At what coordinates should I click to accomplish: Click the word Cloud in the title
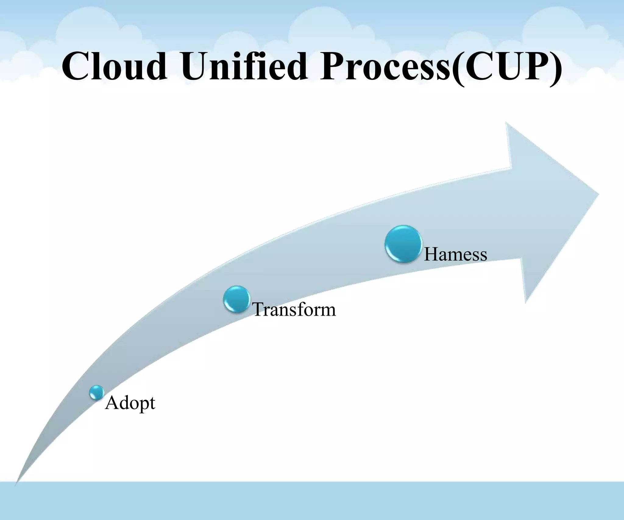point(115,66)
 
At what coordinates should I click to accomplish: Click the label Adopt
point(130,403)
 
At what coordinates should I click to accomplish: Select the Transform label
point(294,310)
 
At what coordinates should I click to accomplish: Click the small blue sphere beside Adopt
point(97,392)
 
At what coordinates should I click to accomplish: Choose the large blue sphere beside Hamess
point(403,244)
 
